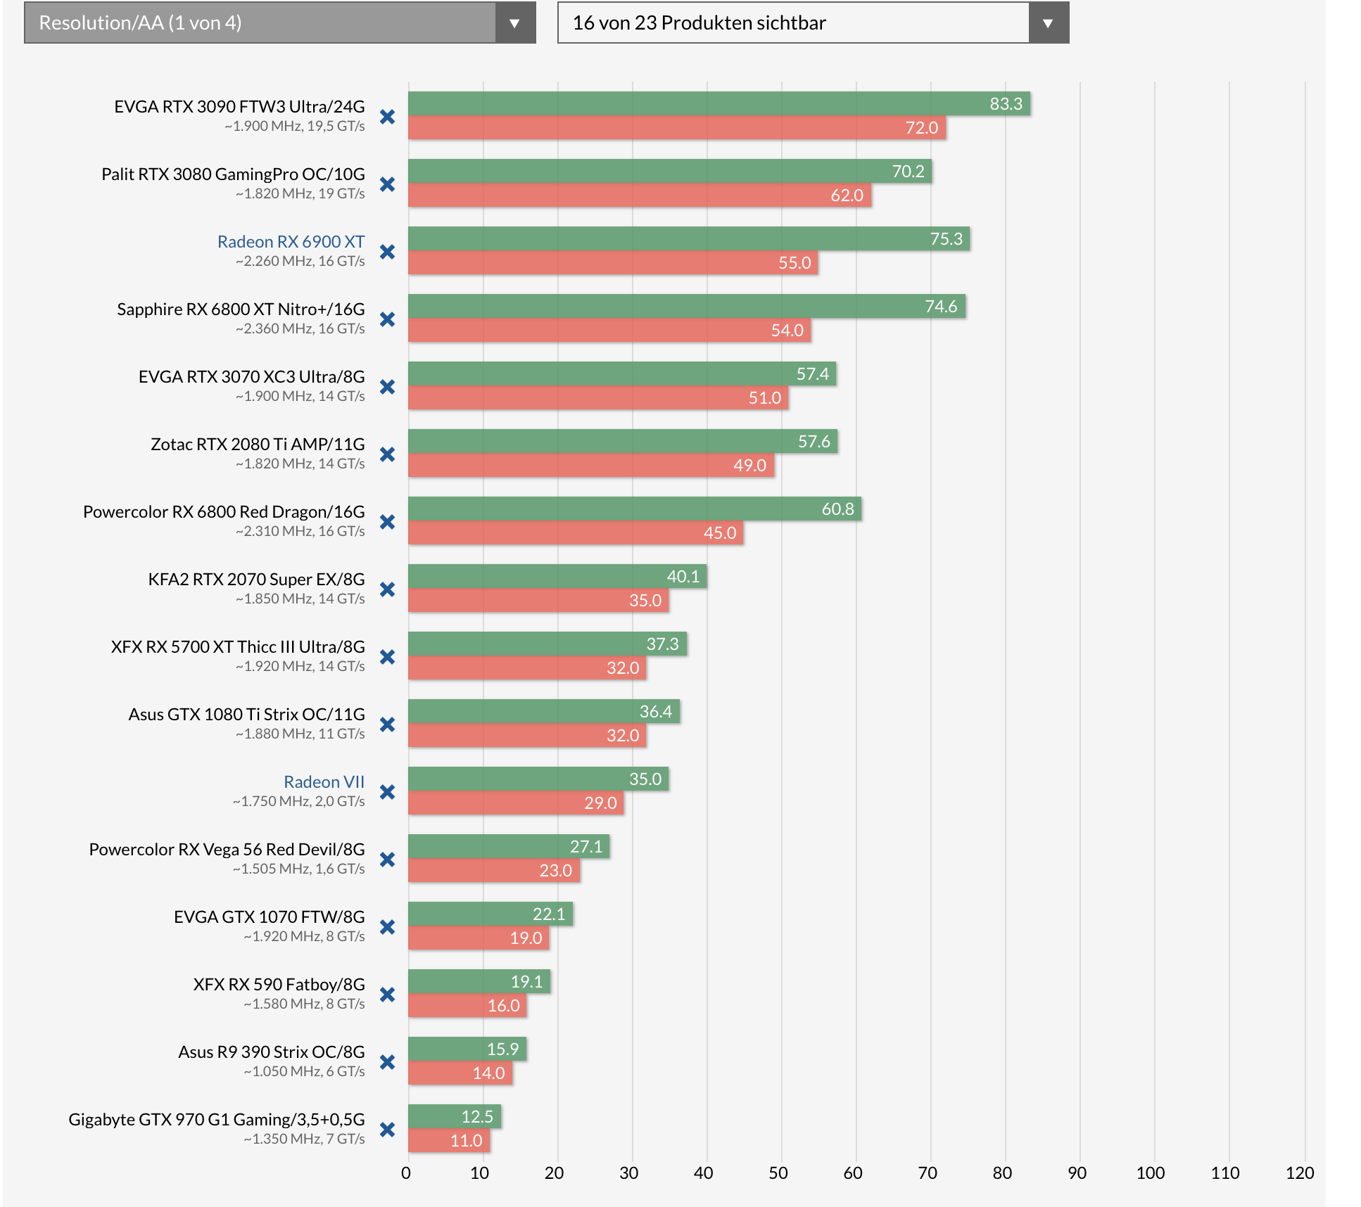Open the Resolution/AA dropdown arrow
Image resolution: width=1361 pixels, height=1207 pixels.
tap(514, 23)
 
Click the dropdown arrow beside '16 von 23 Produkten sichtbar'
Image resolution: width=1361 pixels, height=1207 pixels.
tap(1048, 23)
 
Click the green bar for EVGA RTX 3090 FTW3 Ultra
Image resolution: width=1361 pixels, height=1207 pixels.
tap(704, 104)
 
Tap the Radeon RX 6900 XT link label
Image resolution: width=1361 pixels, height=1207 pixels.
tap(291, 242)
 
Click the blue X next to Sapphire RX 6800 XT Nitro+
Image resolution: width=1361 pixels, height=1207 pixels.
tap(387, 320)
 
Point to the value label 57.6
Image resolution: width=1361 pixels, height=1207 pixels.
tap(814, 442)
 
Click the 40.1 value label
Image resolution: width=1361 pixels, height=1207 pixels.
tap(683, 577)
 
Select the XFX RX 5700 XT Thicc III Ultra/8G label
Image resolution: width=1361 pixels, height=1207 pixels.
tap(238, 647)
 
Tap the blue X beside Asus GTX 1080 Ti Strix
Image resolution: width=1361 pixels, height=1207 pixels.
tap(387, 725)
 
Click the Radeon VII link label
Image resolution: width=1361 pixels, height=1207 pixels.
tap(324, 782)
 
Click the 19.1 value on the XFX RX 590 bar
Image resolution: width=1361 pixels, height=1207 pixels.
tap(526, 982)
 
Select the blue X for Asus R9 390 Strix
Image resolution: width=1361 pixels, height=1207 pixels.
tap(387, 1063)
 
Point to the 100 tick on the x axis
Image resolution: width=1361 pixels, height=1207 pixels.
tap(1151, 1173)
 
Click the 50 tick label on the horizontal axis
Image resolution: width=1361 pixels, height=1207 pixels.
tap(778, 1173)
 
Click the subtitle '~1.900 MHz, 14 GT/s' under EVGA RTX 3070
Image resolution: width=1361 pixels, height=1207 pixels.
tap(300, 397)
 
